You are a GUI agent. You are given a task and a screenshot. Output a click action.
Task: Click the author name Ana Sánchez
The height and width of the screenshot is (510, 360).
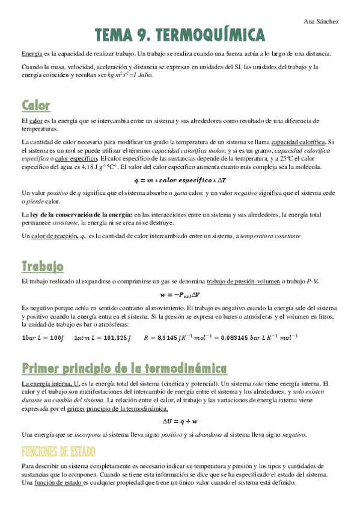(322, 22)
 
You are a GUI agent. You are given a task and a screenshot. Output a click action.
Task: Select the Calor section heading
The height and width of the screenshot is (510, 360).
(36, 106)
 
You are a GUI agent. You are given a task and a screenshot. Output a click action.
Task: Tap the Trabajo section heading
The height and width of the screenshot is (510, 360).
(42, 266)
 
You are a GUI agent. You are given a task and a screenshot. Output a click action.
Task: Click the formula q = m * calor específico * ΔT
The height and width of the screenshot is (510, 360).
(180, 180)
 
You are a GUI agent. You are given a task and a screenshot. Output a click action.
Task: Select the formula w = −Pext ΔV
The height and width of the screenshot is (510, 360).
(180, 295)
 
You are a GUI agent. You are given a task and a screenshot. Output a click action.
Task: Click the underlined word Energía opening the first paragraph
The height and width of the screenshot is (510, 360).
(32, 54)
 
